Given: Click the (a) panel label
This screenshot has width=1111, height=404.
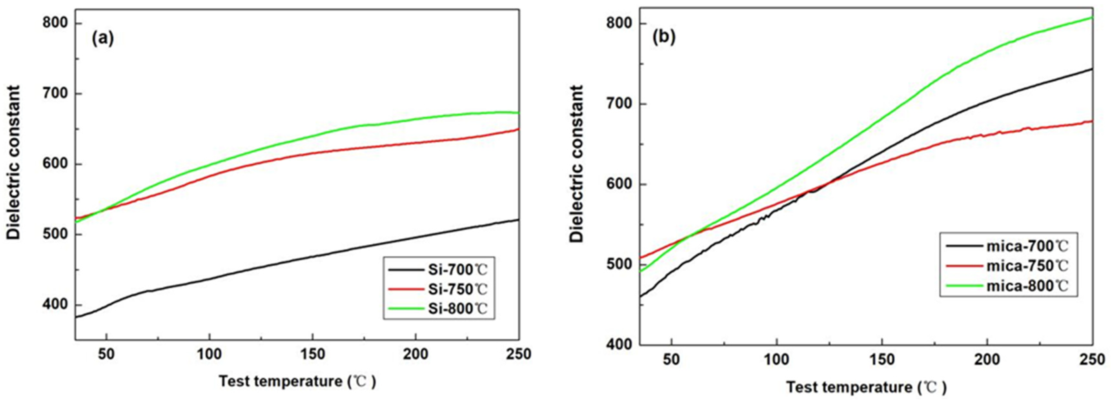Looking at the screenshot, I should tap(103, 39).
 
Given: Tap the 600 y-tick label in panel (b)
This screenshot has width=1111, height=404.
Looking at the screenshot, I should tap(619, 184).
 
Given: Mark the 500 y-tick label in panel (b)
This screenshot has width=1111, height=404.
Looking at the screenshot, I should tap(619, 264).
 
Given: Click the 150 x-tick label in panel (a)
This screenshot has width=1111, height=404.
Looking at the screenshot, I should tap(312, 354).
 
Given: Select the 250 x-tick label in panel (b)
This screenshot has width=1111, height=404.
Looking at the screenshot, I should tap(1092, 359).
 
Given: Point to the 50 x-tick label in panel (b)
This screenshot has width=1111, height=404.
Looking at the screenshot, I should tap(671, 359).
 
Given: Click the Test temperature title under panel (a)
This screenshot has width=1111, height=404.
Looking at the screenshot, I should tap(298, 382).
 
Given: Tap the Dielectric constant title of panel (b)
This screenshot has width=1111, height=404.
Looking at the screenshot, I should tap(576, 164).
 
